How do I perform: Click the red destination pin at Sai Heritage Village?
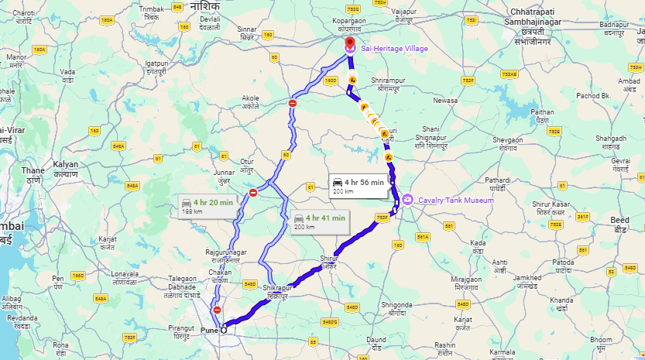349,43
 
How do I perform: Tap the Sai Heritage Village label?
395,49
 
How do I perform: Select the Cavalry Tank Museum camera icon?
407,199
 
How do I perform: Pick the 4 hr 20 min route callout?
207,206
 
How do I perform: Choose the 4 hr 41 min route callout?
319,221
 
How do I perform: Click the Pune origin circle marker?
225,331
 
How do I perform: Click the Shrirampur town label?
388,84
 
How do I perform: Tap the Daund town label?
376,342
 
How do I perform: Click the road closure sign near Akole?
293,103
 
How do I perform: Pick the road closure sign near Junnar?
253,193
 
